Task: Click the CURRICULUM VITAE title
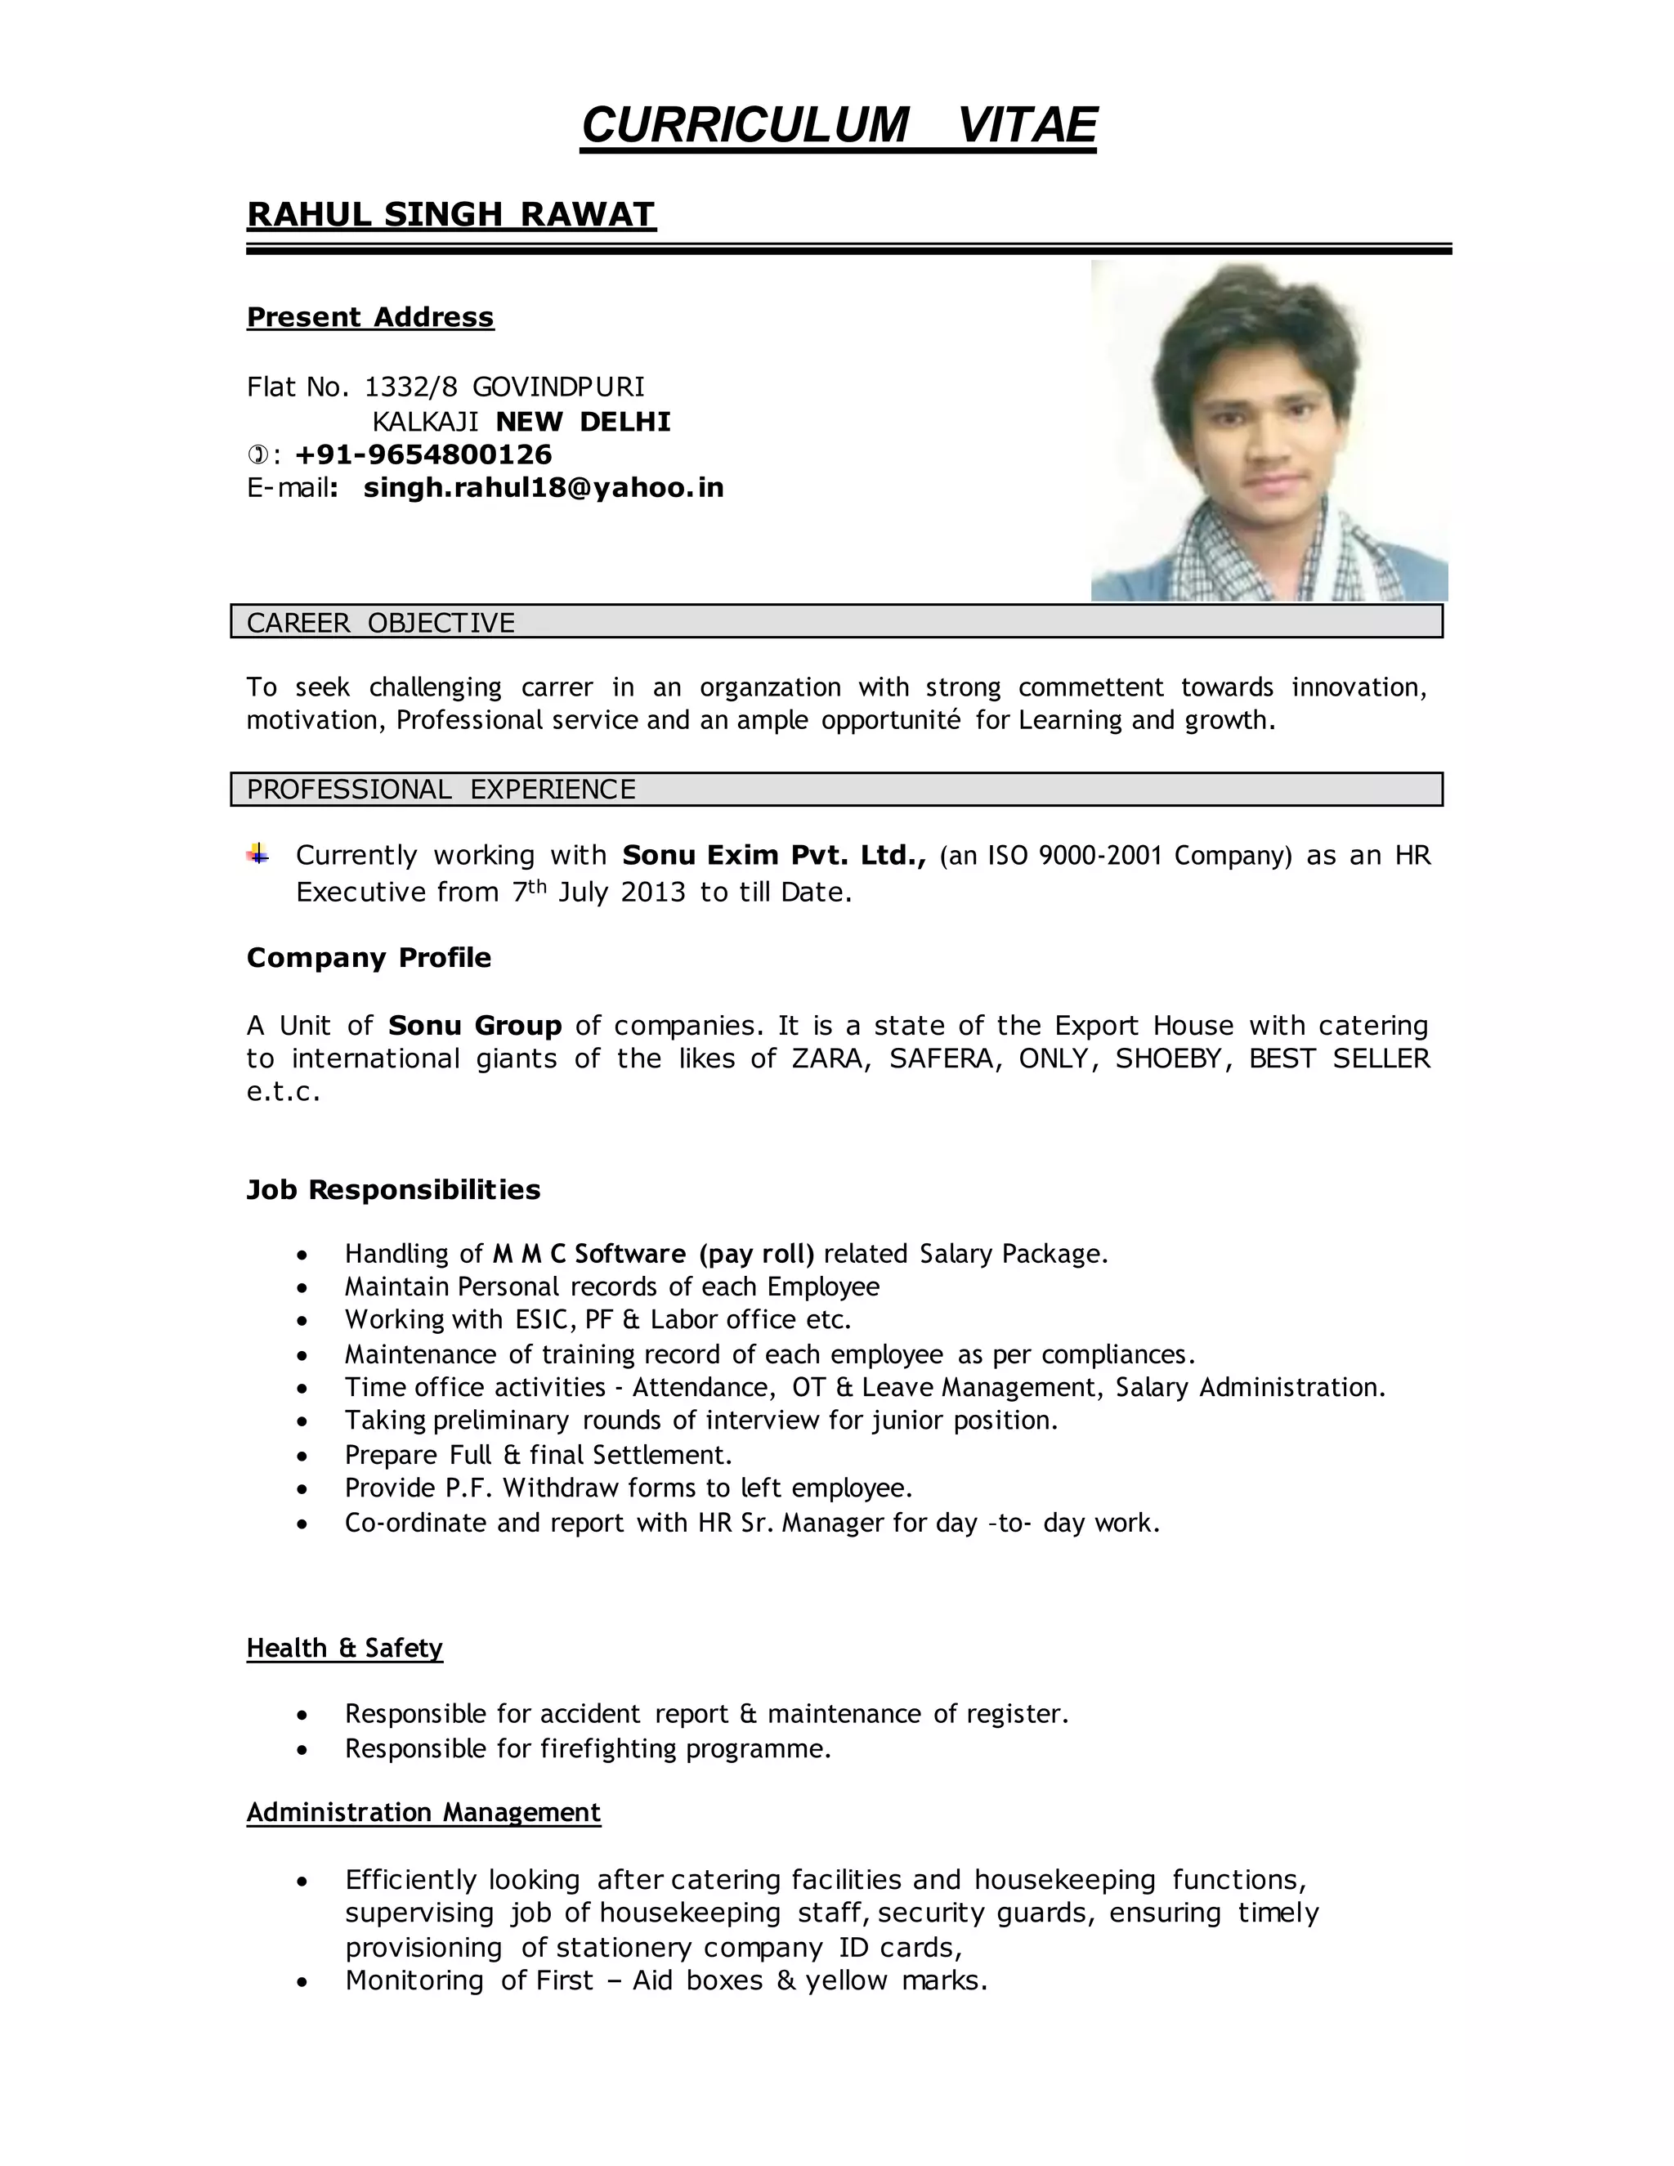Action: (838, 126)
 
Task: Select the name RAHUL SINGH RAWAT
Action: (451, 214)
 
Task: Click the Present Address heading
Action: (370, 317)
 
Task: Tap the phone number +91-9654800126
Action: (423, 455)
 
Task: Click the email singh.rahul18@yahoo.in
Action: (544, 488)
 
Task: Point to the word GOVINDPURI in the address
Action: (558, 387)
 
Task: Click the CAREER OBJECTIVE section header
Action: (381, 623)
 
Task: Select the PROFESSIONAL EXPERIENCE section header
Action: (441, 790)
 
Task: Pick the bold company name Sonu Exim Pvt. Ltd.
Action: (773, 855)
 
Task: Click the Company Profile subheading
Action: (369, 958)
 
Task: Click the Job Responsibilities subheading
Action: (394, 1190)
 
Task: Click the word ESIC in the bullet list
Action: (544, 1320)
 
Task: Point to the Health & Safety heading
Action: (344, 1649)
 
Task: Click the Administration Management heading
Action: (423, 1813)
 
